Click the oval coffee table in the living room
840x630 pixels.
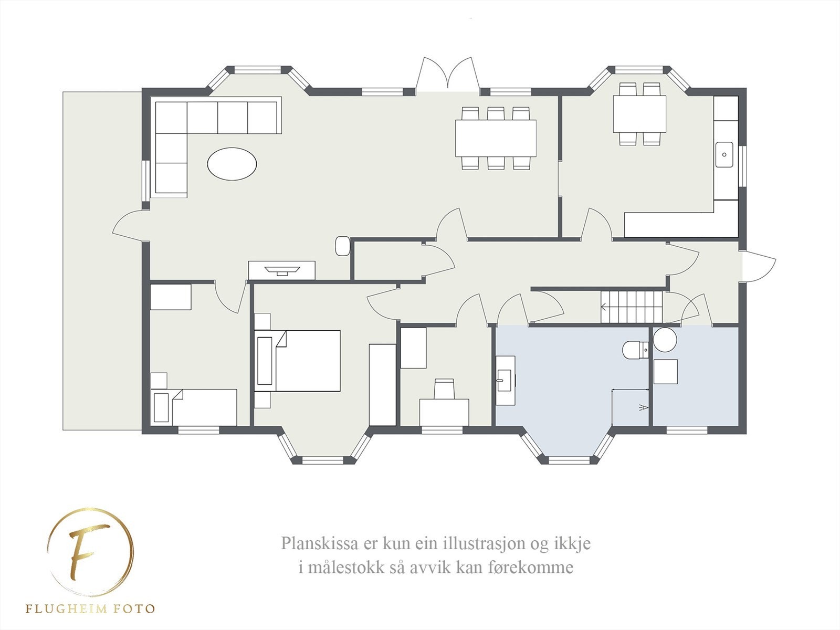point(232,164)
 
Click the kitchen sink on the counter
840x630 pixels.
point(724,154)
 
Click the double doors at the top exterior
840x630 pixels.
point(448,76)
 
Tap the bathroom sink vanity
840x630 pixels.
point(505,380)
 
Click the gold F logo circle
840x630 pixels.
point(90,552)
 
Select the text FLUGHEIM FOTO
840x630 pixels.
point(90,609)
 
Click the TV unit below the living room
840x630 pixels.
point(282,270)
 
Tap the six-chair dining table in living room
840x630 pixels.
point(496,138)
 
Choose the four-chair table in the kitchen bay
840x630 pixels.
point(639,113)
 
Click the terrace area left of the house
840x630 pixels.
point(101,260)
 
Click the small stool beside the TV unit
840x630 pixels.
point(342,246)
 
